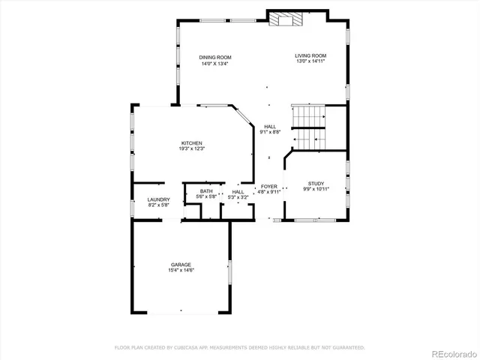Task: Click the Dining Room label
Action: tap(214, 58)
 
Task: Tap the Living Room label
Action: tap(310, 55)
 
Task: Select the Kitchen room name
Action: tap(191, 143)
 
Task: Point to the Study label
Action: tap(315, 183)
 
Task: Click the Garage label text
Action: tap(181, 265)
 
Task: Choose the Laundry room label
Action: tap(158, 199)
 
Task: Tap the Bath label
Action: tap(205, 191)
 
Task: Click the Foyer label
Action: tap(268, 186)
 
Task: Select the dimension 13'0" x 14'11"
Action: tap(310, 62)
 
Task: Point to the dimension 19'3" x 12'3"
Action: tap(191, 149)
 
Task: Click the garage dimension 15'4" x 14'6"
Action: tap(181, 271)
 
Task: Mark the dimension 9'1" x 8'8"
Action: tap(269, 132)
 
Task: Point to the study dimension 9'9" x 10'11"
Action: tap(315, 189)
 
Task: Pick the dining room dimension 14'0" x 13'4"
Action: tap(214, 64)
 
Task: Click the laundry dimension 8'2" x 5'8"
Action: tap(158, 205)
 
